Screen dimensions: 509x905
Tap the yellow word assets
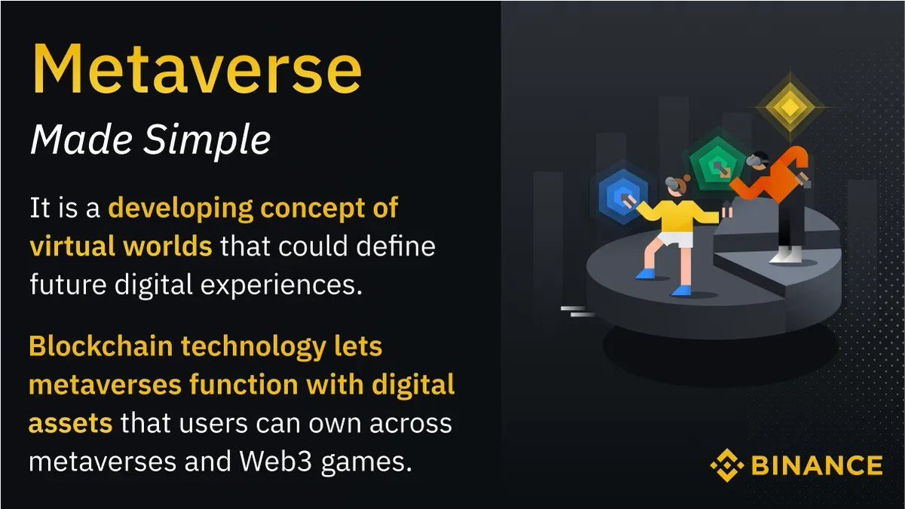pyautogui.click(x=70, y=422)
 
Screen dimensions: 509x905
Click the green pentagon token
pyautogui.click(x=710, y=164)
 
